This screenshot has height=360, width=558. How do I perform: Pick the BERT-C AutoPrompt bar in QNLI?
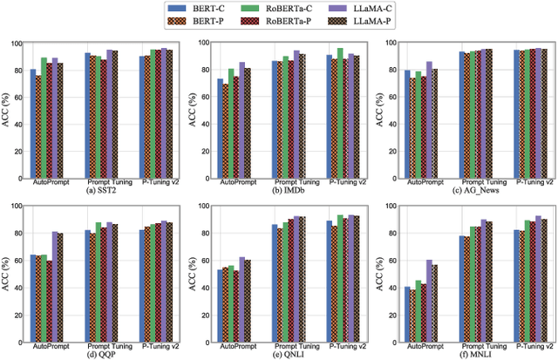click(220, 306)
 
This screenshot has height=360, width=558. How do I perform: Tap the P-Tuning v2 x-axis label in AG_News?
click(522, 182)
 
